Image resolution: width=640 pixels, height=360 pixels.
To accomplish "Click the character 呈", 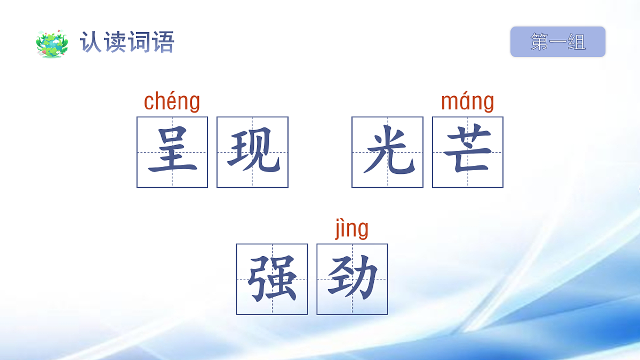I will tap(172, 152).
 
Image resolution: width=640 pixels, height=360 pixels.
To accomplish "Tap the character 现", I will tap(252, 152).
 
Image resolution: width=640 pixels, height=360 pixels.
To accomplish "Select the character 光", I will tap(387, 152).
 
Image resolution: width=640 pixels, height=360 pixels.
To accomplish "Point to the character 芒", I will tap(468, 152).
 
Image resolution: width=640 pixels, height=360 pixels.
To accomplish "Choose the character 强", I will tap(272, 279).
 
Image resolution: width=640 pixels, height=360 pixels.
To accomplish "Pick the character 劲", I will tap(352, 279).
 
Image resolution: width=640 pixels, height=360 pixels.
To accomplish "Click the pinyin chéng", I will tap(172, 102).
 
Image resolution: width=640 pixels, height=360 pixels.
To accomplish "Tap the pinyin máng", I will tap(468, 102).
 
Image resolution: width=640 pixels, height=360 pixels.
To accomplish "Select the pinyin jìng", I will tap(351, 229).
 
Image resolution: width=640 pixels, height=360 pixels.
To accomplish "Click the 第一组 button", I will tap(558, 42).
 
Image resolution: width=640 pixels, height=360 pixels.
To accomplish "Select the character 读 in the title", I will tap(115, 42).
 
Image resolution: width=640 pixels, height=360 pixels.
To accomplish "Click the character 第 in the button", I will tap(540, 42).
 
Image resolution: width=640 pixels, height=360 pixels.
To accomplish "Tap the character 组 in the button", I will tap(577, 42).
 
